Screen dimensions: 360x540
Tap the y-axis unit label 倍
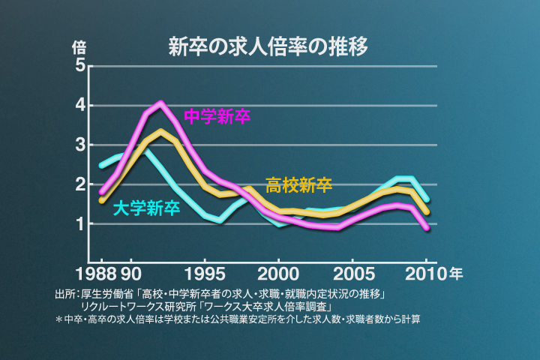[79, 46]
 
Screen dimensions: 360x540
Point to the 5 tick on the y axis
[79, 66]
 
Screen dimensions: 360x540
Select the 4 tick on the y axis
[79, 106]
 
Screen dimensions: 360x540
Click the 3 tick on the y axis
[79, 145]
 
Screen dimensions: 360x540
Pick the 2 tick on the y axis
[79, 184]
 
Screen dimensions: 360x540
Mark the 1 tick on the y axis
[79, 224]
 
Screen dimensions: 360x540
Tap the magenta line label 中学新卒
[217, 117]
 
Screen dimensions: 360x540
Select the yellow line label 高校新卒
[298, 185]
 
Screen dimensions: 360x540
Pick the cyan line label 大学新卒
[146, 208]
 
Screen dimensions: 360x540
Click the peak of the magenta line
[160, 103]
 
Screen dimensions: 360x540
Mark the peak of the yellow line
[160, 132]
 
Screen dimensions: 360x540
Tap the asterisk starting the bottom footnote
[59, 319]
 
